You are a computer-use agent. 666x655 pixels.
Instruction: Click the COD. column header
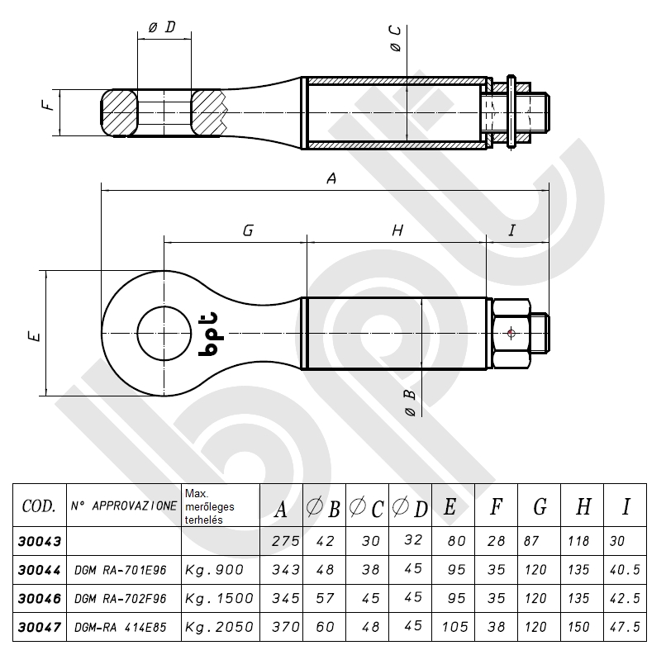point(38,505)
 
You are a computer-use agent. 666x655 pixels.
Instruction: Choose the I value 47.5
point(630,627)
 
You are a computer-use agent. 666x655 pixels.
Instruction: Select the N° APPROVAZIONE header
point(124,504)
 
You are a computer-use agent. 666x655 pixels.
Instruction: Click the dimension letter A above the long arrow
point(332,178)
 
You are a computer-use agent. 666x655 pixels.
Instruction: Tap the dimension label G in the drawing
point(247,231)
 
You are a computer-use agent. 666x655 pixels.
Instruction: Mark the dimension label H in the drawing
point(397,231)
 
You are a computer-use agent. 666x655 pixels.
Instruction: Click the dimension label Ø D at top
point(162,28)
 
